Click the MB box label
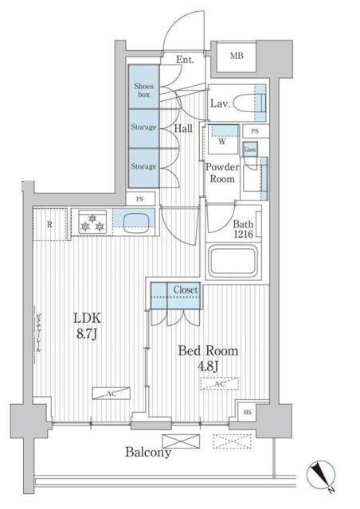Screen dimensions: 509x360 (237, 56)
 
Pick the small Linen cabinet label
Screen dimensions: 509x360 (250, 149)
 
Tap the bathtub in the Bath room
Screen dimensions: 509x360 (235, 261)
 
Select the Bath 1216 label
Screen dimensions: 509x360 (244, 230)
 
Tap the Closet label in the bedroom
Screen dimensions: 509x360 (185, 290)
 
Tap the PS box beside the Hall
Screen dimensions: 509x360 (140, 199)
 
